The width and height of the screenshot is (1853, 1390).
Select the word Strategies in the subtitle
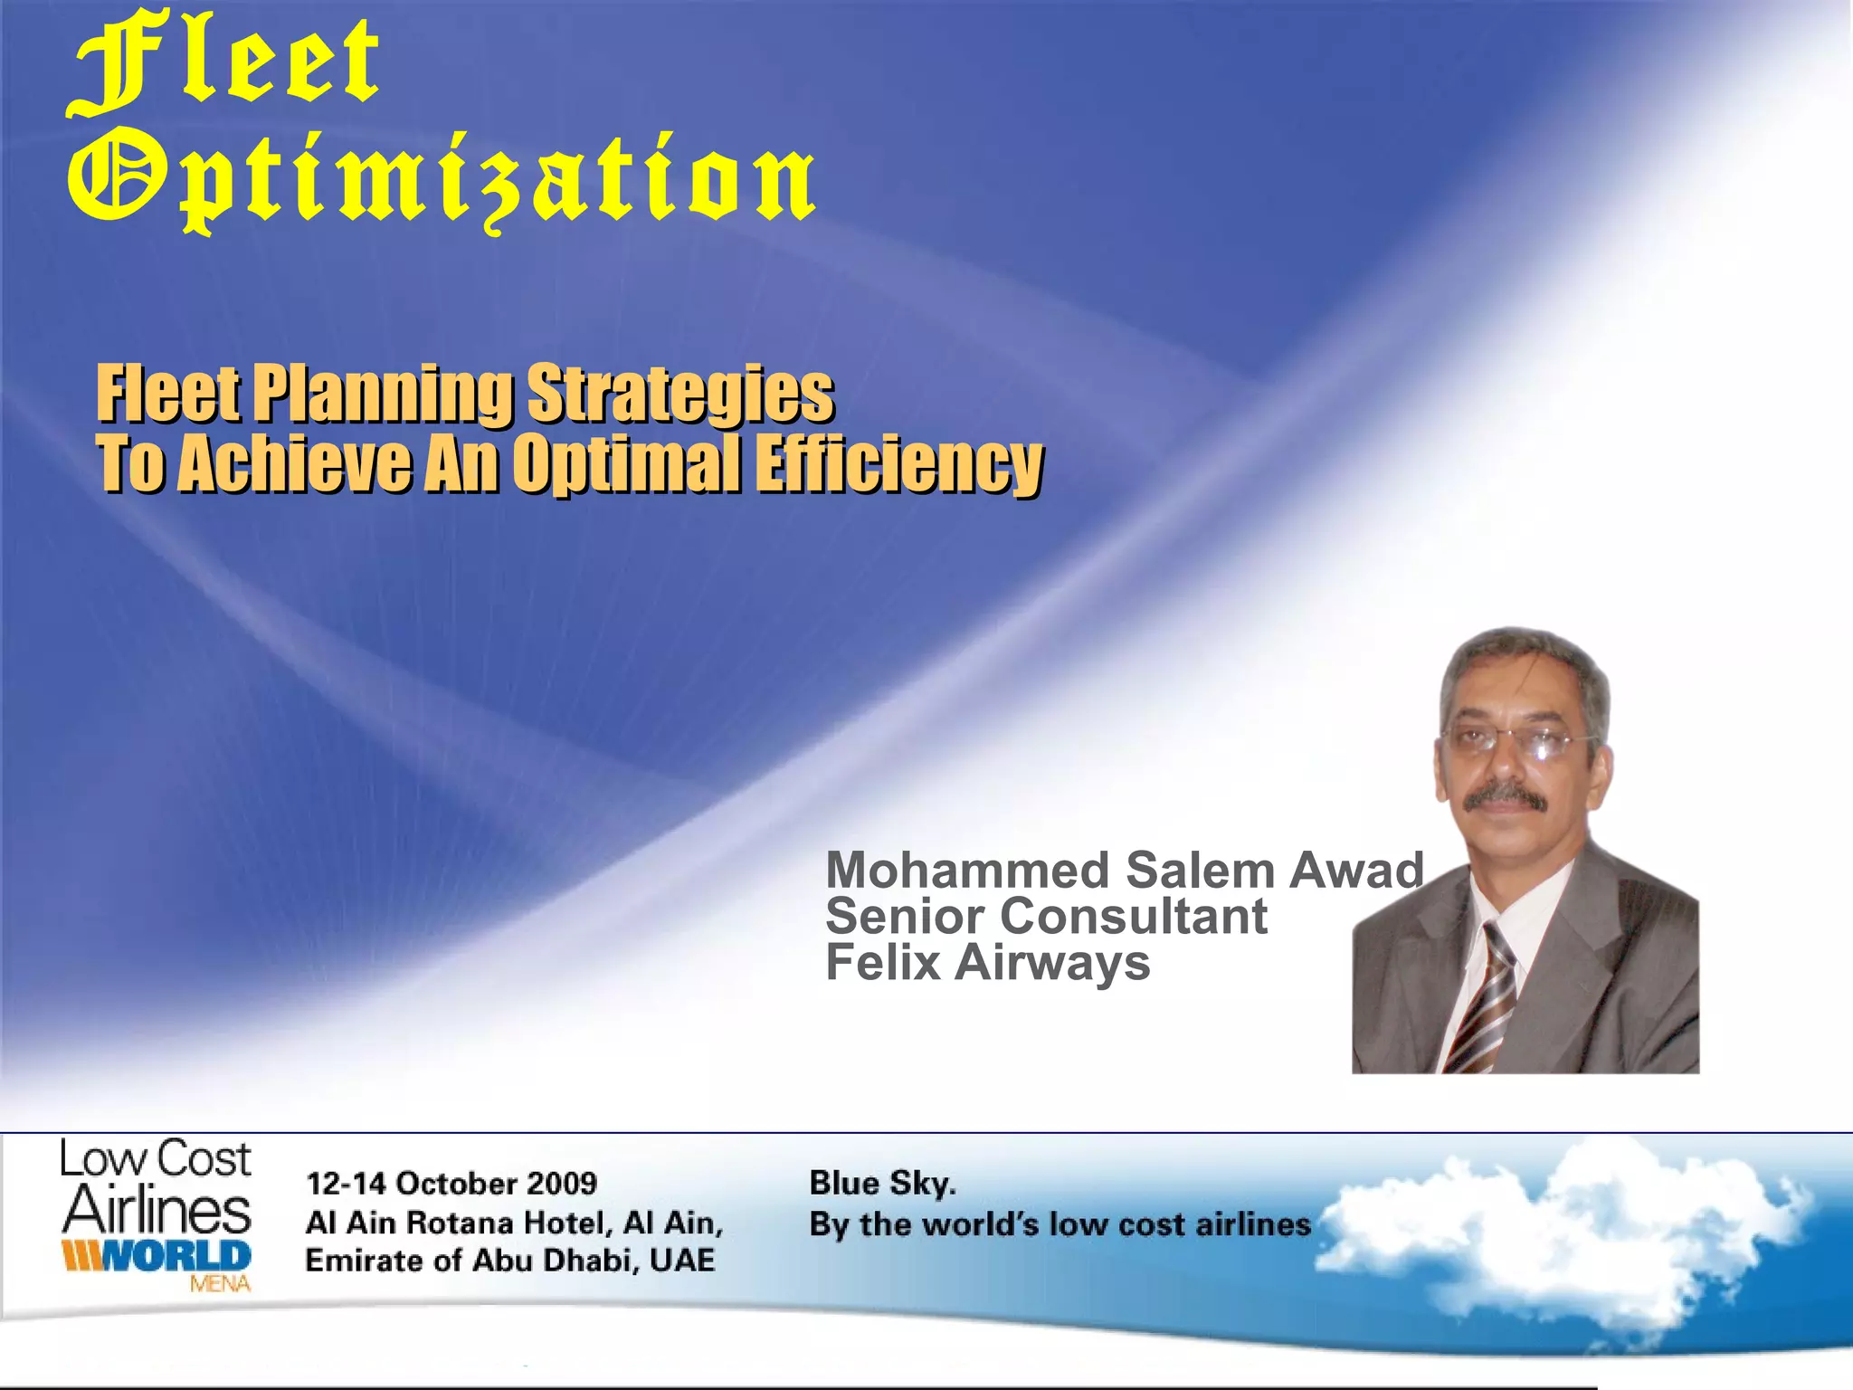[680, 394]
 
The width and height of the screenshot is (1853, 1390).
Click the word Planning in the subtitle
[382, 394]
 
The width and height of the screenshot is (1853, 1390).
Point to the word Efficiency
[898, 463]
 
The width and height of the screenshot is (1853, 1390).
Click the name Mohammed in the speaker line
[967, 871]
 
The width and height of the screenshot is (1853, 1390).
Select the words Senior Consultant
[1046, 917]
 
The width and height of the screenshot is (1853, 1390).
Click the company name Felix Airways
[988, 962]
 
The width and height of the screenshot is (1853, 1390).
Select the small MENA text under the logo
[220, 1283]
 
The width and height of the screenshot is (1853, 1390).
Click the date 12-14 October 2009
[451, 1184]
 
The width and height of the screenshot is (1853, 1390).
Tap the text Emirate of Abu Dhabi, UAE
[510, 1261]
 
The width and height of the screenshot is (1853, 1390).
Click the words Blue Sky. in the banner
[882, 1184]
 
